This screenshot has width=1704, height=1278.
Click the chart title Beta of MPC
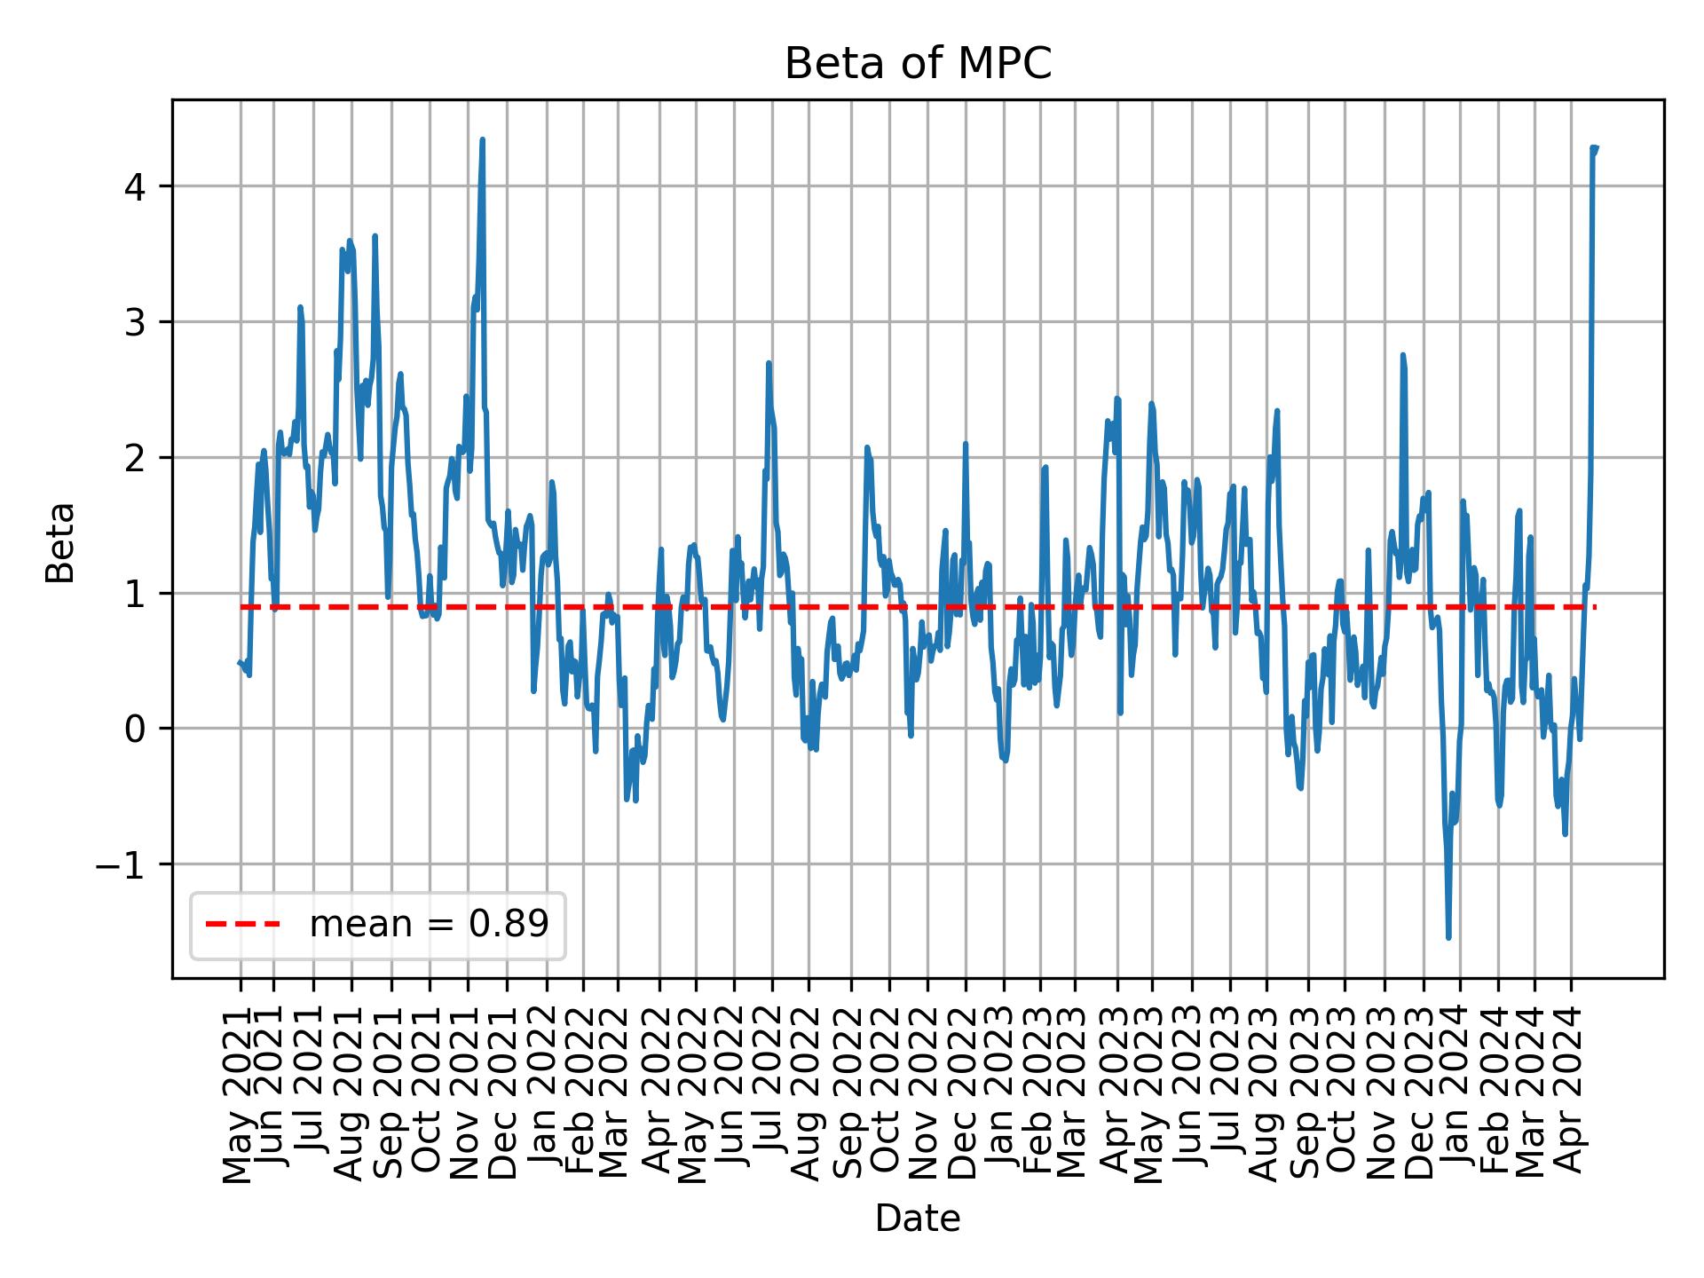tap(918, 64)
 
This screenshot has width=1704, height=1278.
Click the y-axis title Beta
tap(60, 542)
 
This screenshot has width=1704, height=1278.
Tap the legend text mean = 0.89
tap(429, 925)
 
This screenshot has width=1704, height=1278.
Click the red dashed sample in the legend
tap(242, 925)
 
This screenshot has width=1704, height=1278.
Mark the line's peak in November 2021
tap(482, 139)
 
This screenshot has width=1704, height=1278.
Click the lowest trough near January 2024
tap(1448, 938)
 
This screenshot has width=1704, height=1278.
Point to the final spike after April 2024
tap(1594, 147)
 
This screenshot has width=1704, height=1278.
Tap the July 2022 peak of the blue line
tap(769, 362)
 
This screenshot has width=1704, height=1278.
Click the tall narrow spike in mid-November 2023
tap(1402, 354)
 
